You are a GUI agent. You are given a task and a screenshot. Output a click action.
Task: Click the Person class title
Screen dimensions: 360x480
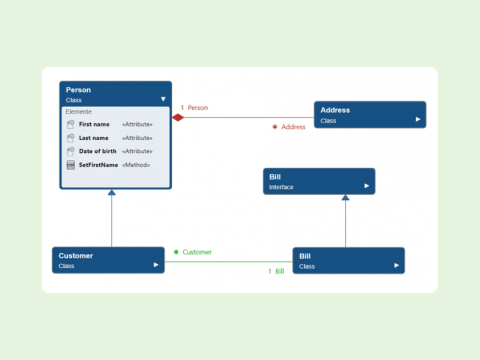coord(79,90)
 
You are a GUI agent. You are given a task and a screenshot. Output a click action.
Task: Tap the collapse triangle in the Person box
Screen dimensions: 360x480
coord(163,99)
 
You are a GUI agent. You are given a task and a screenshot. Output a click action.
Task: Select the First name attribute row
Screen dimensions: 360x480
coord(96,124)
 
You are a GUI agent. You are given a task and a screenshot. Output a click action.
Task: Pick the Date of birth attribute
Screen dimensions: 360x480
coord(98,151)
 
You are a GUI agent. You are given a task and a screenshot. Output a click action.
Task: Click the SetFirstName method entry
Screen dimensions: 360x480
coord(98,164)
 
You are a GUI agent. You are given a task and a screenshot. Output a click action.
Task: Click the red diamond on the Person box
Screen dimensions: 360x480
coord(178,118)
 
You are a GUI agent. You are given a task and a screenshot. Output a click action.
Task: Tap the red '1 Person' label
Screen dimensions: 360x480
coord(195,107)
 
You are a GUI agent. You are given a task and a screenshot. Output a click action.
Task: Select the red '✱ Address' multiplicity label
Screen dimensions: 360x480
coord(289,127)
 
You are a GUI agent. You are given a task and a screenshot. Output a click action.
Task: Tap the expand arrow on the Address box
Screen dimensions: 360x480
coord(418,120)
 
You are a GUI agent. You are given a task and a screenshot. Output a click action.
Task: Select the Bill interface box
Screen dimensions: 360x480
coord(319,181)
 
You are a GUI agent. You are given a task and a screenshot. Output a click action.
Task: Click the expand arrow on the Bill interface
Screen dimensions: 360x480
coord(367,187)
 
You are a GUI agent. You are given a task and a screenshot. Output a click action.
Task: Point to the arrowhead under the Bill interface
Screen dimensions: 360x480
coord(345,199)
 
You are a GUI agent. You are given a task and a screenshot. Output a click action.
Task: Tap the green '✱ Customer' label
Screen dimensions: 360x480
coord(193,252)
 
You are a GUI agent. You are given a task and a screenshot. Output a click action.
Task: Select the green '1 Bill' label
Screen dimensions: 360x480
coord(276,271)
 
